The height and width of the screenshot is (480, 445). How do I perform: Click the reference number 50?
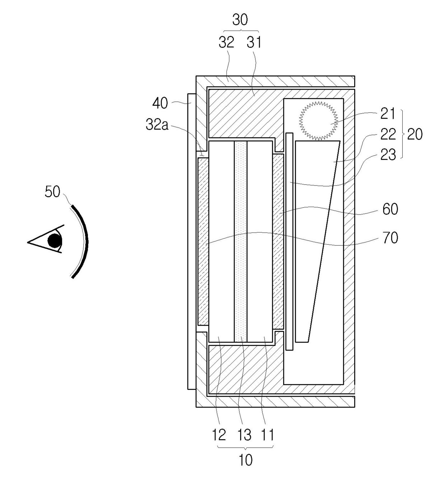[52, 192]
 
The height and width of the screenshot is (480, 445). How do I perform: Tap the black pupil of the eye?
[55, 241]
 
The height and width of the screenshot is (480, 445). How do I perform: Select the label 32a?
[157, 125]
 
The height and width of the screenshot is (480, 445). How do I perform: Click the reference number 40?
[160, 103]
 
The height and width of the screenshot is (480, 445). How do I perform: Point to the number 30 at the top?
[240, 20]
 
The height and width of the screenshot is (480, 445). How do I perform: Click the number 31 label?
[254, 43]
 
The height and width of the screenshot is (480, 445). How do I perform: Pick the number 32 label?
[226, 43]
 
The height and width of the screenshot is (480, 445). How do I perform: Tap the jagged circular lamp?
[319, 121]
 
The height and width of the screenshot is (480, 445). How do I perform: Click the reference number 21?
[388, 114]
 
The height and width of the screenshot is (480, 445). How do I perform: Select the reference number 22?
[388, 134]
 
